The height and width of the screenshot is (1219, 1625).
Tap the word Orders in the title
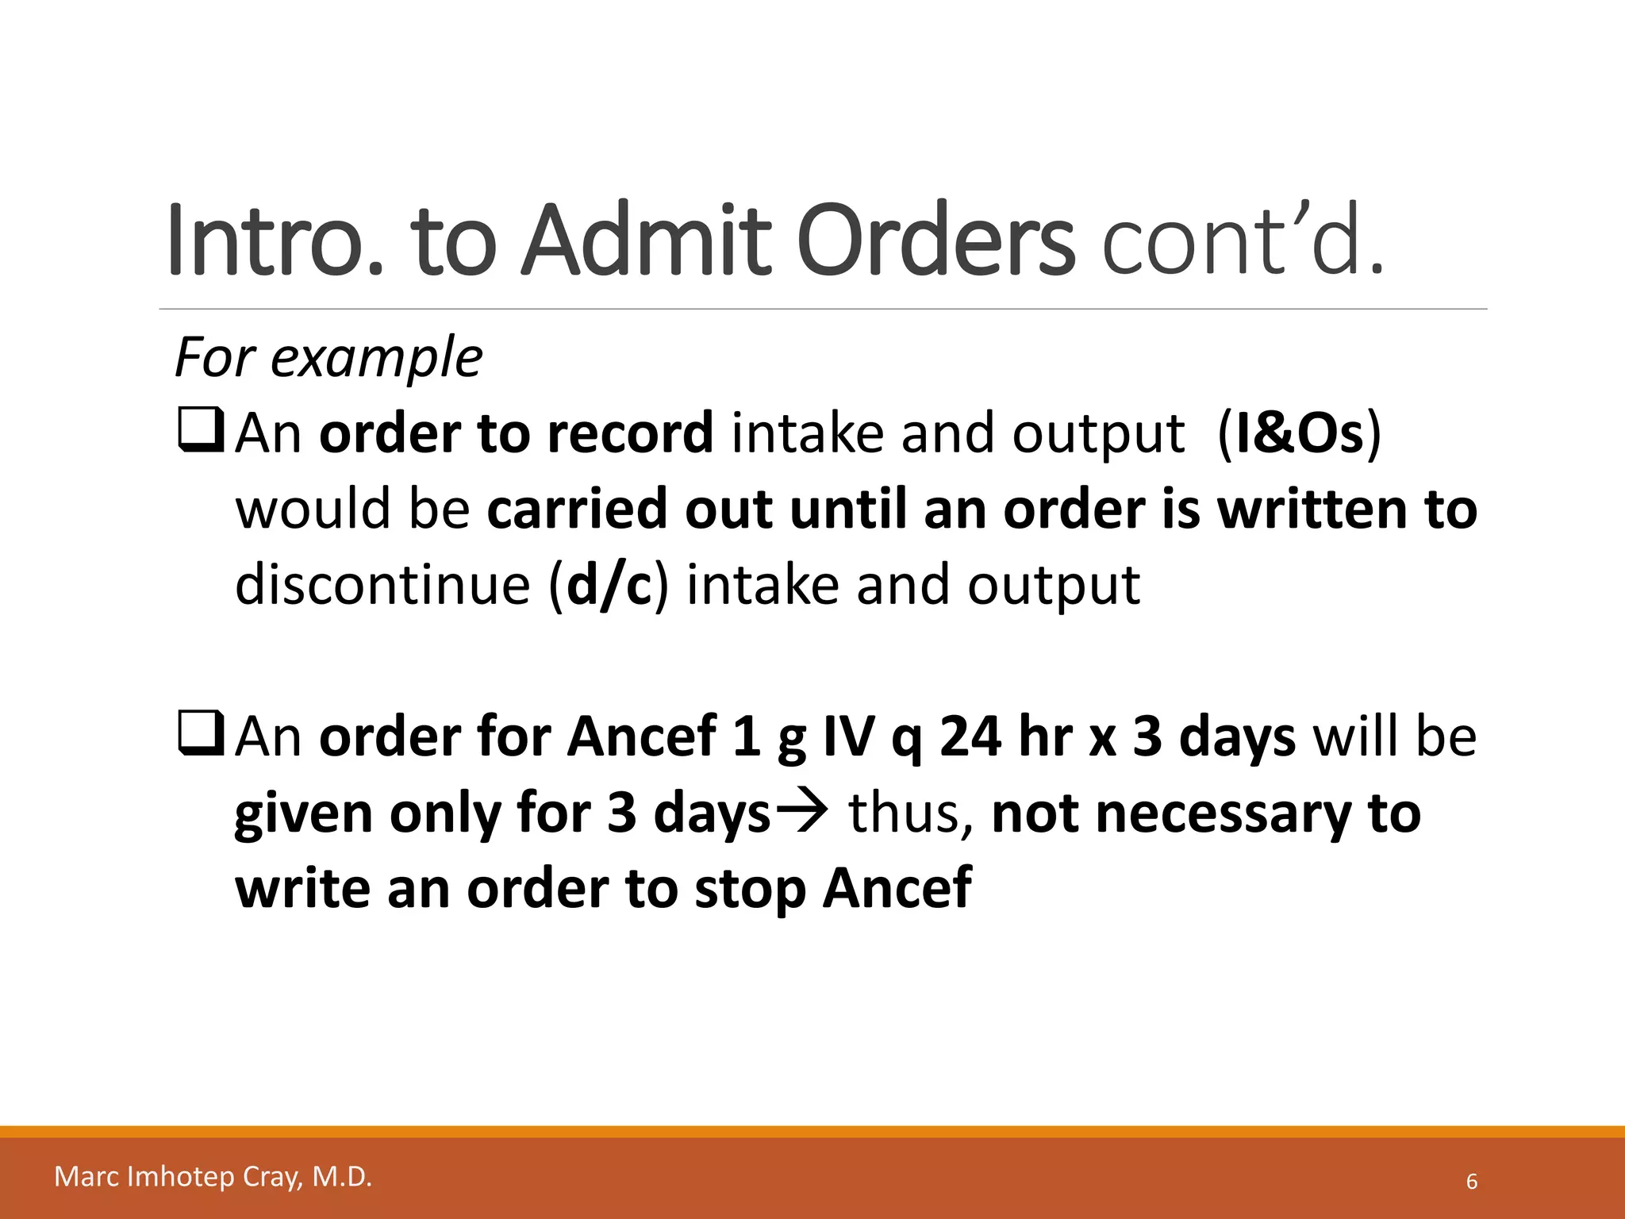click(935, 240)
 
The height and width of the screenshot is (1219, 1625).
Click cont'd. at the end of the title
click(1243, 240)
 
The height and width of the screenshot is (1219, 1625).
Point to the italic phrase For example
click(328, 358)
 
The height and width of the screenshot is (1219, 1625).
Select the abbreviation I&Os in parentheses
click(1299, 433)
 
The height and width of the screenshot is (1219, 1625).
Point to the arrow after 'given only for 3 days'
click(802, 813)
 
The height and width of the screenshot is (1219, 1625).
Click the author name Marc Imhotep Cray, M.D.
click(213, 1176)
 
